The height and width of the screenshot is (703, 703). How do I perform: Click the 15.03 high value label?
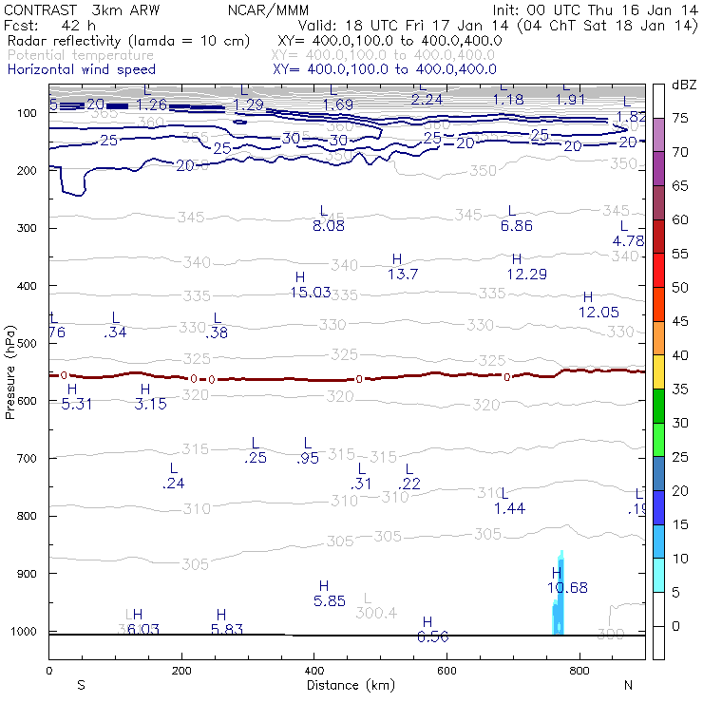coord(311,293)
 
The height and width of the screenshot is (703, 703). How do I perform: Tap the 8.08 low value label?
coord(329,226)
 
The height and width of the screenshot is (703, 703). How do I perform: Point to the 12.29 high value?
coord(526,274)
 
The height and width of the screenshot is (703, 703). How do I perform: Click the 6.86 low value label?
coord(516,226)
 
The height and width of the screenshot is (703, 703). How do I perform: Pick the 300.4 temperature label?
coord(376,613)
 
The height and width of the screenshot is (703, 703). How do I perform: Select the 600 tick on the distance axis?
coord(446,671)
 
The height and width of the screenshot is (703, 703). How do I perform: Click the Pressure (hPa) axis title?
coord(10,370)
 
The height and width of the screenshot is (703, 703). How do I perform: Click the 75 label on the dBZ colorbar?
coord(680,118)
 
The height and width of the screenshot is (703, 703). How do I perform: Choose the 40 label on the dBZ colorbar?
coord(680,355)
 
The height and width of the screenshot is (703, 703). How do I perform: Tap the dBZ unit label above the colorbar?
coord(683,85)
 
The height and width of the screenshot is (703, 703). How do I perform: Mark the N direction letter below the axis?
coord(628,685)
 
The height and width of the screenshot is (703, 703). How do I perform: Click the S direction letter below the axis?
coord(82,685)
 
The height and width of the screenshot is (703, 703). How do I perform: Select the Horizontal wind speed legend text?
coord(81,69)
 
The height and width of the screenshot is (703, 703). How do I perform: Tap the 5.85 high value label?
coord(329,600)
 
